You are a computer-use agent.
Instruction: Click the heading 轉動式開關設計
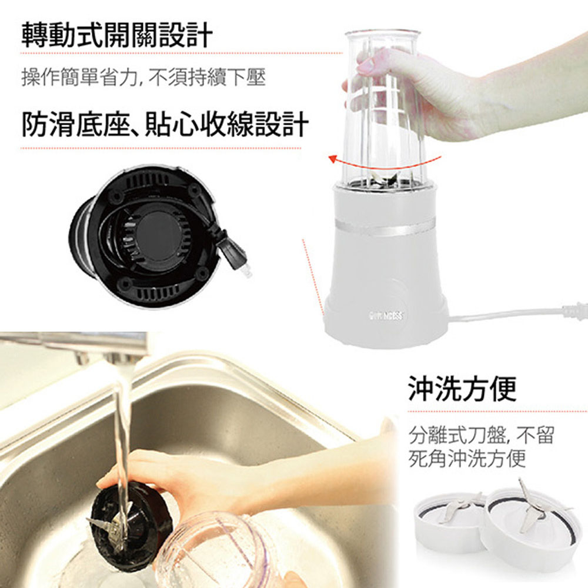pos(116,36)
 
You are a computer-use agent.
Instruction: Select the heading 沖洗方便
pos(462,389)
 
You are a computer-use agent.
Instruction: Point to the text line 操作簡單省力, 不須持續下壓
pos(143,77)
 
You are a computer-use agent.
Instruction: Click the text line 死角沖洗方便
pos(467,458)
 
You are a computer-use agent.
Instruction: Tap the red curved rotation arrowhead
pos(332,159)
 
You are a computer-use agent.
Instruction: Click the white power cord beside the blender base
pos(517,314)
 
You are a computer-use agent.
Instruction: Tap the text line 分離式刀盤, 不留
pos(481,435)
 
